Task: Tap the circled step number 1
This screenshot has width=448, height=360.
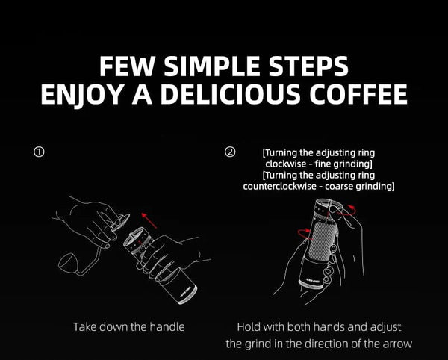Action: pyautogui.click(x=39, y=152)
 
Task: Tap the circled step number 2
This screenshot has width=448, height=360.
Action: pyautogui.click(x=230, y=152)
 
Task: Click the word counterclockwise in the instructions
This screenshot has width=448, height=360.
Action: pyautogui.click(x=279, y=185)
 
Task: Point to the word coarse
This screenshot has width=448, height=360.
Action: pyautogui.click(x=345, y=185)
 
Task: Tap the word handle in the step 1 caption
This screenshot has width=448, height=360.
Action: pyautogui.click(x=167, y=326)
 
